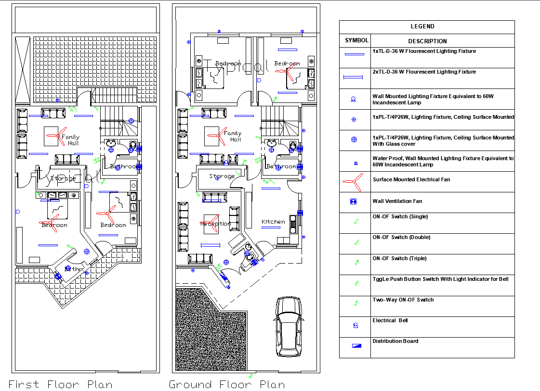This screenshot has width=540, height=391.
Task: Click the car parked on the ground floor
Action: [289, 327]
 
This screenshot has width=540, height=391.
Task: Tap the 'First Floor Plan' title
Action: [61, 384]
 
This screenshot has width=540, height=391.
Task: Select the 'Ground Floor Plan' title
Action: [226, 384]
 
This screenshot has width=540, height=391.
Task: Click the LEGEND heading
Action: [422, 26]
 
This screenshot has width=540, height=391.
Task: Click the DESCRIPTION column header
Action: [427, 41]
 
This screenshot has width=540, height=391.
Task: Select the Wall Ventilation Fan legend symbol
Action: [354, 202]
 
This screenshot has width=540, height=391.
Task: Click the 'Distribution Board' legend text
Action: [395, 341]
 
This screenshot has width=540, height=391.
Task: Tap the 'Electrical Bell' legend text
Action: [391, 321]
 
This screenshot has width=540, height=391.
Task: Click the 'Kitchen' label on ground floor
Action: [273, 222]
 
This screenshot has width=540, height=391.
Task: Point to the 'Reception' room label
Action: [215, 224]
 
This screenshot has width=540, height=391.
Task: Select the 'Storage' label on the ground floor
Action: [222, 177]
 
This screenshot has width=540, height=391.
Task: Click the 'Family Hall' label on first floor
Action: [70, 140]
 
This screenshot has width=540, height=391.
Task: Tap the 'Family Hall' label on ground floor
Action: [233, 136]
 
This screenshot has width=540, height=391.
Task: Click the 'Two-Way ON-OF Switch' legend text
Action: [403, 300]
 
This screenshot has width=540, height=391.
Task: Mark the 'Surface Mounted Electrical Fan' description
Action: [411, 180]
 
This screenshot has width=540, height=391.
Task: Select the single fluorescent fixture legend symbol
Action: [354, 54]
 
